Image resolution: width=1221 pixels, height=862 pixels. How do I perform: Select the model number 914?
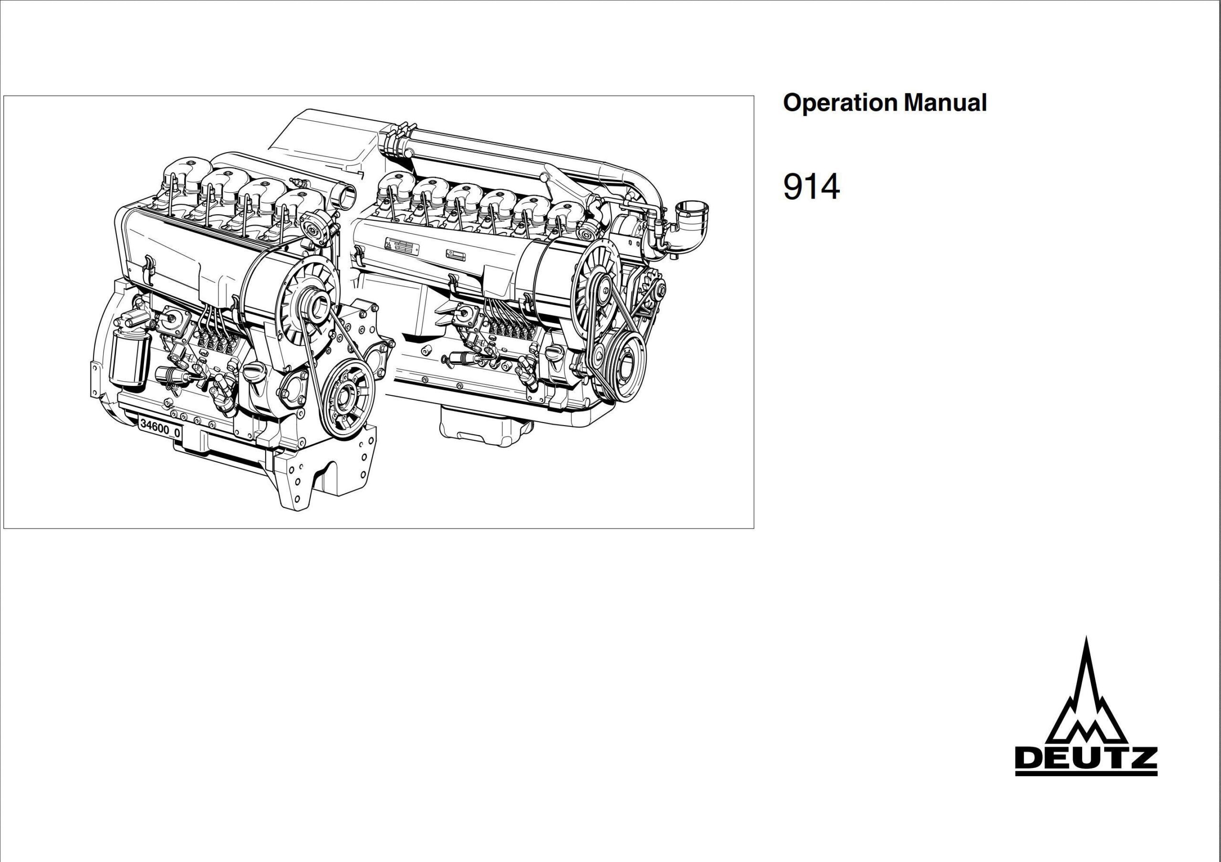pyautogui.click(x=811, y=187)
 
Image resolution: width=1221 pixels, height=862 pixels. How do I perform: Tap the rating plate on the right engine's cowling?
pyautogui.click(x=403, y=246)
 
